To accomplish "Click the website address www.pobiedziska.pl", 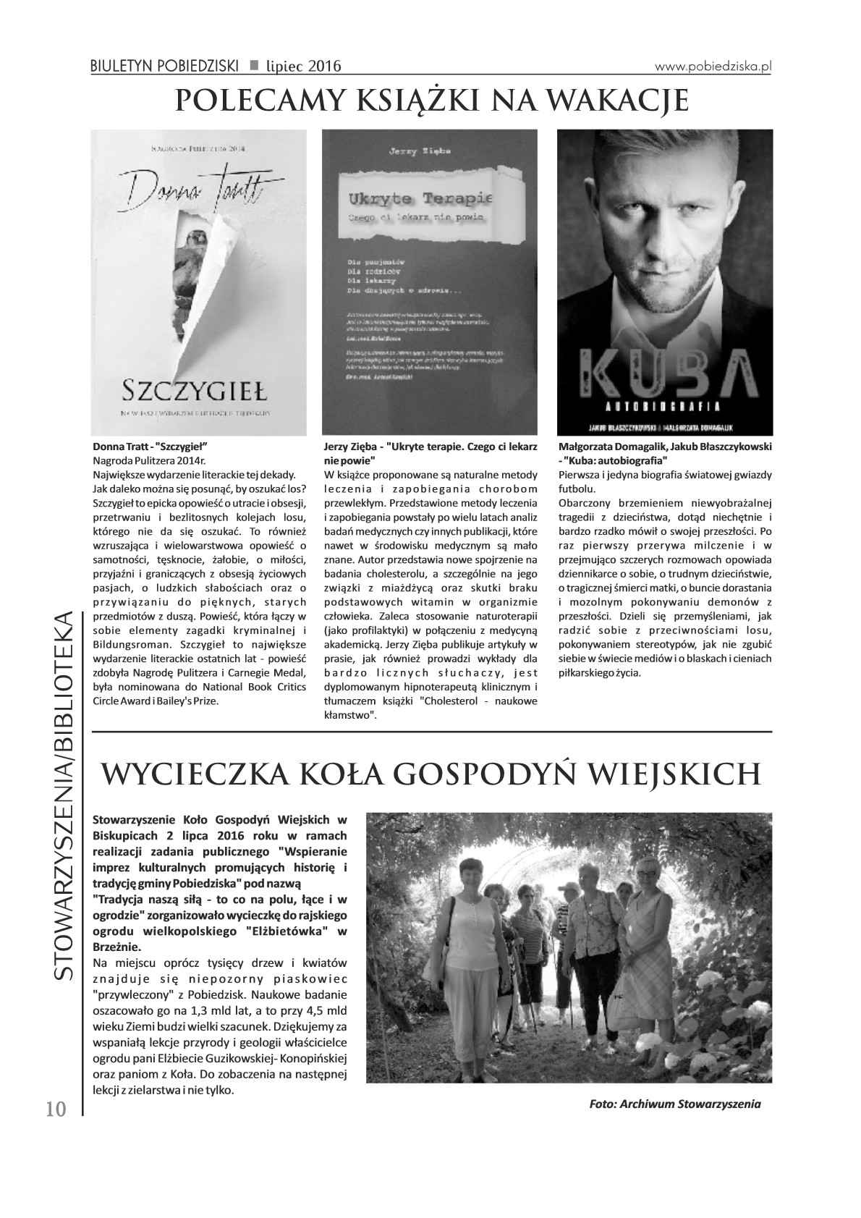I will pos(713,66).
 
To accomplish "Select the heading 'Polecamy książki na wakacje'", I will pos(431,101).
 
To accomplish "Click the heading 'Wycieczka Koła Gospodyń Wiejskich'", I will pos(430,776).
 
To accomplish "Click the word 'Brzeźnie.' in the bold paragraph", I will pos(117,947).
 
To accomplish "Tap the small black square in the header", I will pos(254,66).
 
